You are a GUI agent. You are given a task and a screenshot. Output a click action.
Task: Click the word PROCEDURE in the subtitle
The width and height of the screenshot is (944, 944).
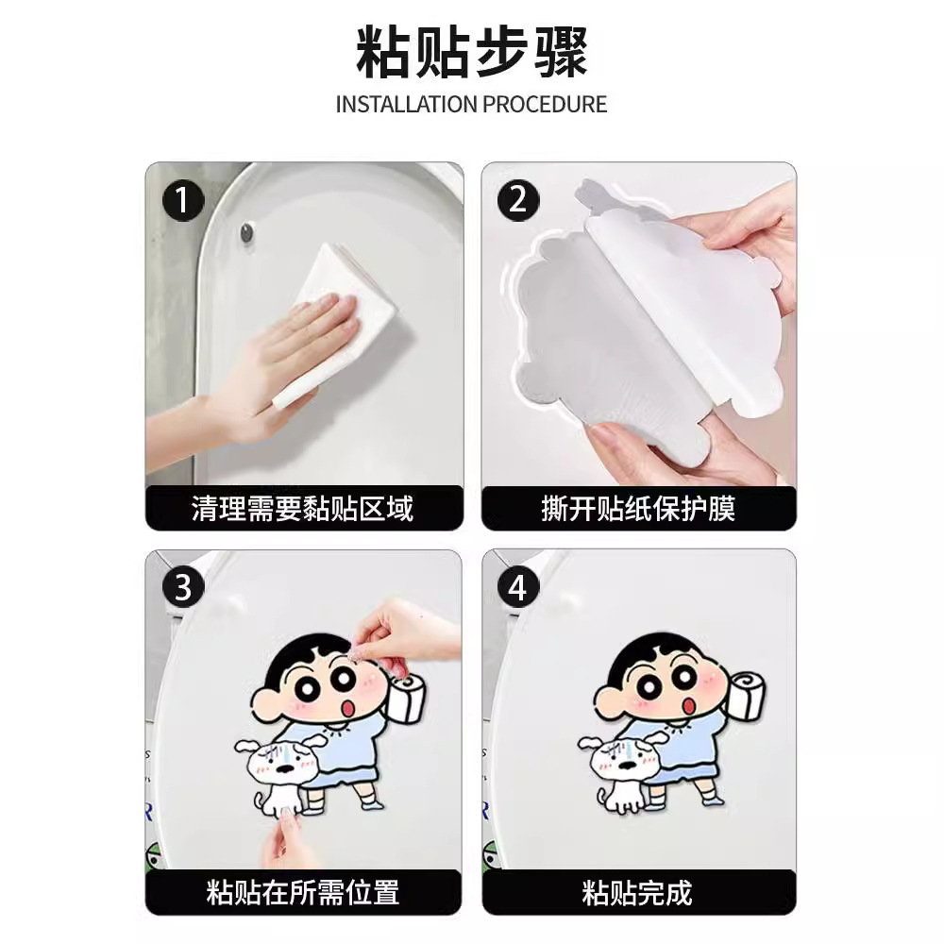[545, 104]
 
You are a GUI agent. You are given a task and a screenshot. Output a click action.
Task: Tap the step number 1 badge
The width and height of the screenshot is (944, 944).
[183, 201]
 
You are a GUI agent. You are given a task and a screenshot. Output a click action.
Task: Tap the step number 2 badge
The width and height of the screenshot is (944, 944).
[517, 201]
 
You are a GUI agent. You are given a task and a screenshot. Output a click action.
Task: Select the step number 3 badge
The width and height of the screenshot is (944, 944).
[183, 587]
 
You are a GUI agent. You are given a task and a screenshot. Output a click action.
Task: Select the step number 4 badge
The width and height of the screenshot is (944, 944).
[517, 587]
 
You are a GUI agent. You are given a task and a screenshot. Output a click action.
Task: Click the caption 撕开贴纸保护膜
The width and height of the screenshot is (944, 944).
[638, 510]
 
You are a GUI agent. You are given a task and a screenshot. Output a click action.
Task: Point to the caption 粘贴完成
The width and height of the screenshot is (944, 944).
[638, 892]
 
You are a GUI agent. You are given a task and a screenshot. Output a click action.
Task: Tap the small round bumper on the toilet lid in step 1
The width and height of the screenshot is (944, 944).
[247, 232]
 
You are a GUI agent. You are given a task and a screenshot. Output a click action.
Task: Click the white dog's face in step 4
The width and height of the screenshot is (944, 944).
[618, 763]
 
